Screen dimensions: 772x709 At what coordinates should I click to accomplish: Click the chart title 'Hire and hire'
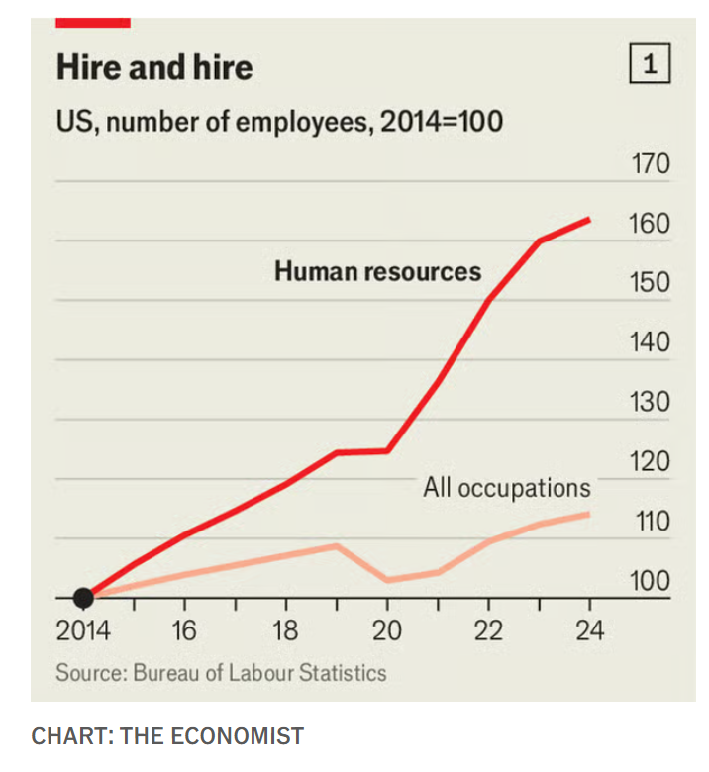click(154, 67)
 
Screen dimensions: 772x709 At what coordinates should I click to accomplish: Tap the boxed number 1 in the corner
click(650, 66)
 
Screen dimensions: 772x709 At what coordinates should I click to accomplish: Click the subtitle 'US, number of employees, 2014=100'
click(279, 123)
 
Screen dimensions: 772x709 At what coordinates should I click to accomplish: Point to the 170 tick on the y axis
click(651, 164)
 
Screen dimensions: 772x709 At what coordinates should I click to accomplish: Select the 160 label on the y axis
click(651, 224)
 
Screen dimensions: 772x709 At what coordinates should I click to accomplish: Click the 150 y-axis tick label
click(651, 283)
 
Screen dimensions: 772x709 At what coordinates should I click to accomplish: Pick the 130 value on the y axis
click(651, 403)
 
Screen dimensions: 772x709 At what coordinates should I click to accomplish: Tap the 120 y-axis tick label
click(651, 462)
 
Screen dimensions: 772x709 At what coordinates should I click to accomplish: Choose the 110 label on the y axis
click(651, 522)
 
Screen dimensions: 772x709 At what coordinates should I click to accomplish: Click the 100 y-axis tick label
click(651, 581)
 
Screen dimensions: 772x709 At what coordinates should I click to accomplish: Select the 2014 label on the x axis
click(83, 630)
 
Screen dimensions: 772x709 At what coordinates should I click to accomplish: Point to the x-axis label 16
click(184, 630)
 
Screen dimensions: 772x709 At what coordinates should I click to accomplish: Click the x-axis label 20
click(387, 630)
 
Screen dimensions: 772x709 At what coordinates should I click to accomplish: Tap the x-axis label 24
click(589, 630)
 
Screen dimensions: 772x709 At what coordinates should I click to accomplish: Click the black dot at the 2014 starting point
click(84, 598)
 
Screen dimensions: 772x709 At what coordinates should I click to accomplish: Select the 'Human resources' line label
click(377, 271)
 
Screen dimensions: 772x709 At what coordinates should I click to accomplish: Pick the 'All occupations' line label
click(506, 487)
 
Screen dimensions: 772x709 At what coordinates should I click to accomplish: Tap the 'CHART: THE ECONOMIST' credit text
click(167, 736)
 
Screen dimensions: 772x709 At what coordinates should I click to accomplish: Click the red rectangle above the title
click(93, 21)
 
